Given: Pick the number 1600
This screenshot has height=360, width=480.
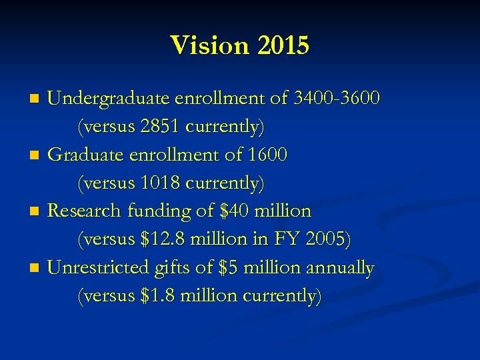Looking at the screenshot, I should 267,155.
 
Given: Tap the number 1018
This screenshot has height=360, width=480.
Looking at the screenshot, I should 160,182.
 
